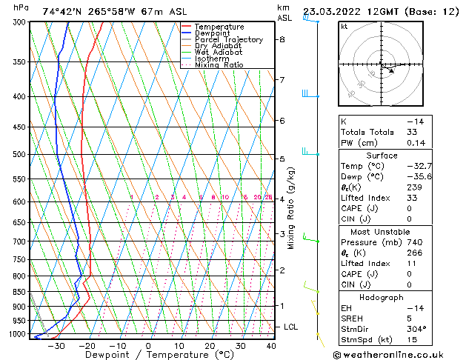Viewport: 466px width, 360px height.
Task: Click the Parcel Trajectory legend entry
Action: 228,39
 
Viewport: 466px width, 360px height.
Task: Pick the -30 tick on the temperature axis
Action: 56,346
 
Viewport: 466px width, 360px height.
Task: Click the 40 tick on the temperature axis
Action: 271,346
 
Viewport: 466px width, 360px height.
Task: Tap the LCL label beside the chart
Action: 291,327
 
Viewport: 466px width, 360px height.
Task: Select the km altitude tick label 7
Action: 282,79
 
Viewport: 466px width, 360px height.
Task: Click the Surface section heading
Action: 391,155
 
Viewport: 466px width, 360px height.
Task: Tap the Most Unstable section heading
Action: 391,231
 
